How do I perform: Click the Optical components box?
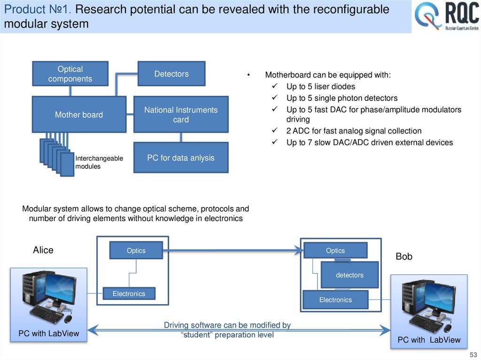tap(70, 74)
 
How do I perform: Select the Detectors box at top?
tap(171, 74)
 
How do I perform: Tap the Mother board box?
tap(79, 115)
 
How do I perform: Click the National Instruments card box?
tap(181, 115)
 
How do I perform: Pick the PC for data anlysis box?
tap(181, 158)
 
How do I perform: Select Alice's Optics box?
tap(136, 251)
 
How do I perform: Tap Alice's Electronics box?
tap(129, 294)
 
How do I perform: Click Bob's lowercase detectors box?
tap(349, 275)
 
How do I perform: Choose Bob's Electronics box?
tap(335, 300)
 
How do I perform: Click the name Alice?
tap(43, 250)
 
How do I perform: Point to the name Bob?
tap(404, 257)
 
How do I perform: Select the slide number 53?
tap(473, 353)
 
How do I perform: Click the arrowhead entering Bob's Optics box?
tap(299, 250)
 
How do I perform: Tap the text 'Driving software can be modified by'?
tap(227, 325)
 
